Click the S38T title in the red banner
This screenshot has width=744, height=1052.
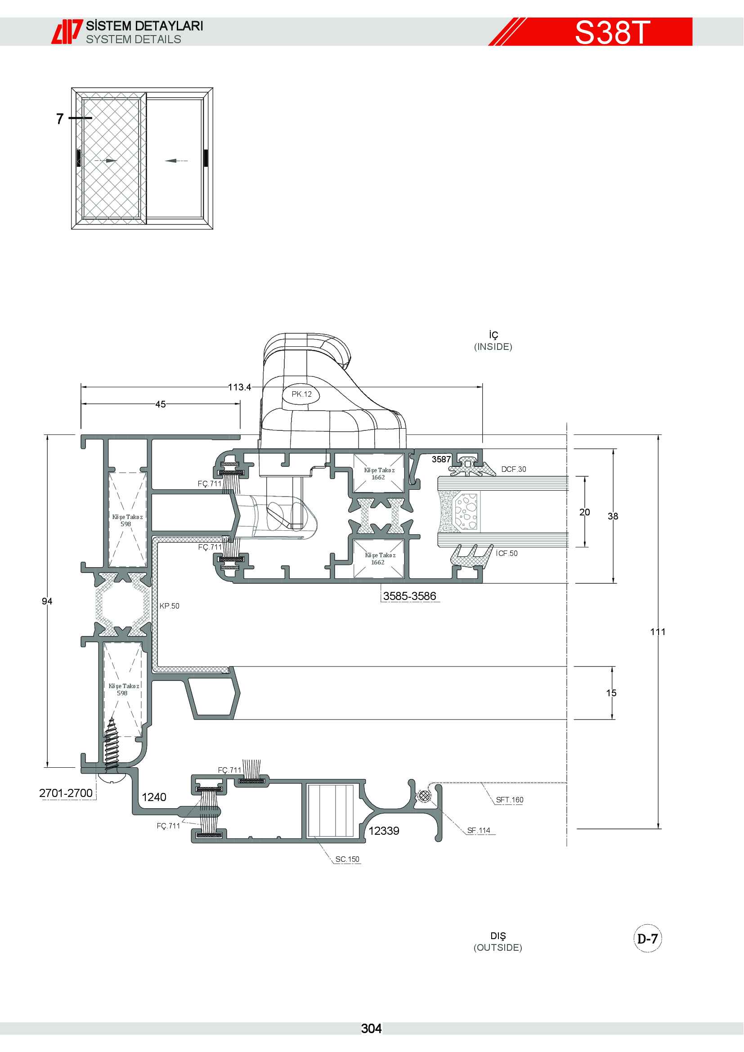point(612,32)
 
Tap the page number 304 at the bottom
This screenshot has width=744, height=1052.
point(371,1029)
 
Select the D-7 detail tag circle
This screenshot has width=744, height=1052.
point(648,939)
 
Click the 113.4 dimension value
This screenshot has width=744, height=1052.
point(240,387)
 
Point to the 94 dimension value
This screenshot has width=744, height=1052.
point(47,601)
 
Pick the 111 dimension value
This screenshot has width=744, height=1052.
point(658,632)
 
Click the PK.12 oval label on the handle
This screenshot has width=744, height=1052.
point(301,394)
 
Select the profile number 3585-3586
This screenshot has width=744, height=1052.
point(410,596)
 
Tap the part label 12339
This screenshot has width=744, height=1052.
point(384,831)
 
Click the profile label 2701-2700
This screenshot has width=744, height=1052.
point(66,792)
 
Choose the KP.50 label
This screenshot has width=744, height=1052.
point(170,606)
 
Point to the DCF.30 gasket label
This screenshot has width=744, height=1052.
point(514,469)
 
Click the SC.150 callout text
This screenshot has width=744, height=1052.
point(347,859)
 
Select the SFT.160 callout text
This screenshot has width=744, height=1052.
point(510,800)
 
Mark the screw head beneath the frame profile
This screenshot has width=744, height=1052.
point(110,778)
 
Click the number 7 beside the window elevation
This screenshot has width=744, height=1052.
point(60,119)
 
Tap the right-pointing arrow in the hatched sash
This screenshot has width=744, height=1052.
point(105,161)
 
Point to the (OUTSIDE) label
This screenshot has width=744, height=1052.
point(498,948)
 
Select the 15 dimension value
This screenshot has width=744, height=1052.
point(611,693)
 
